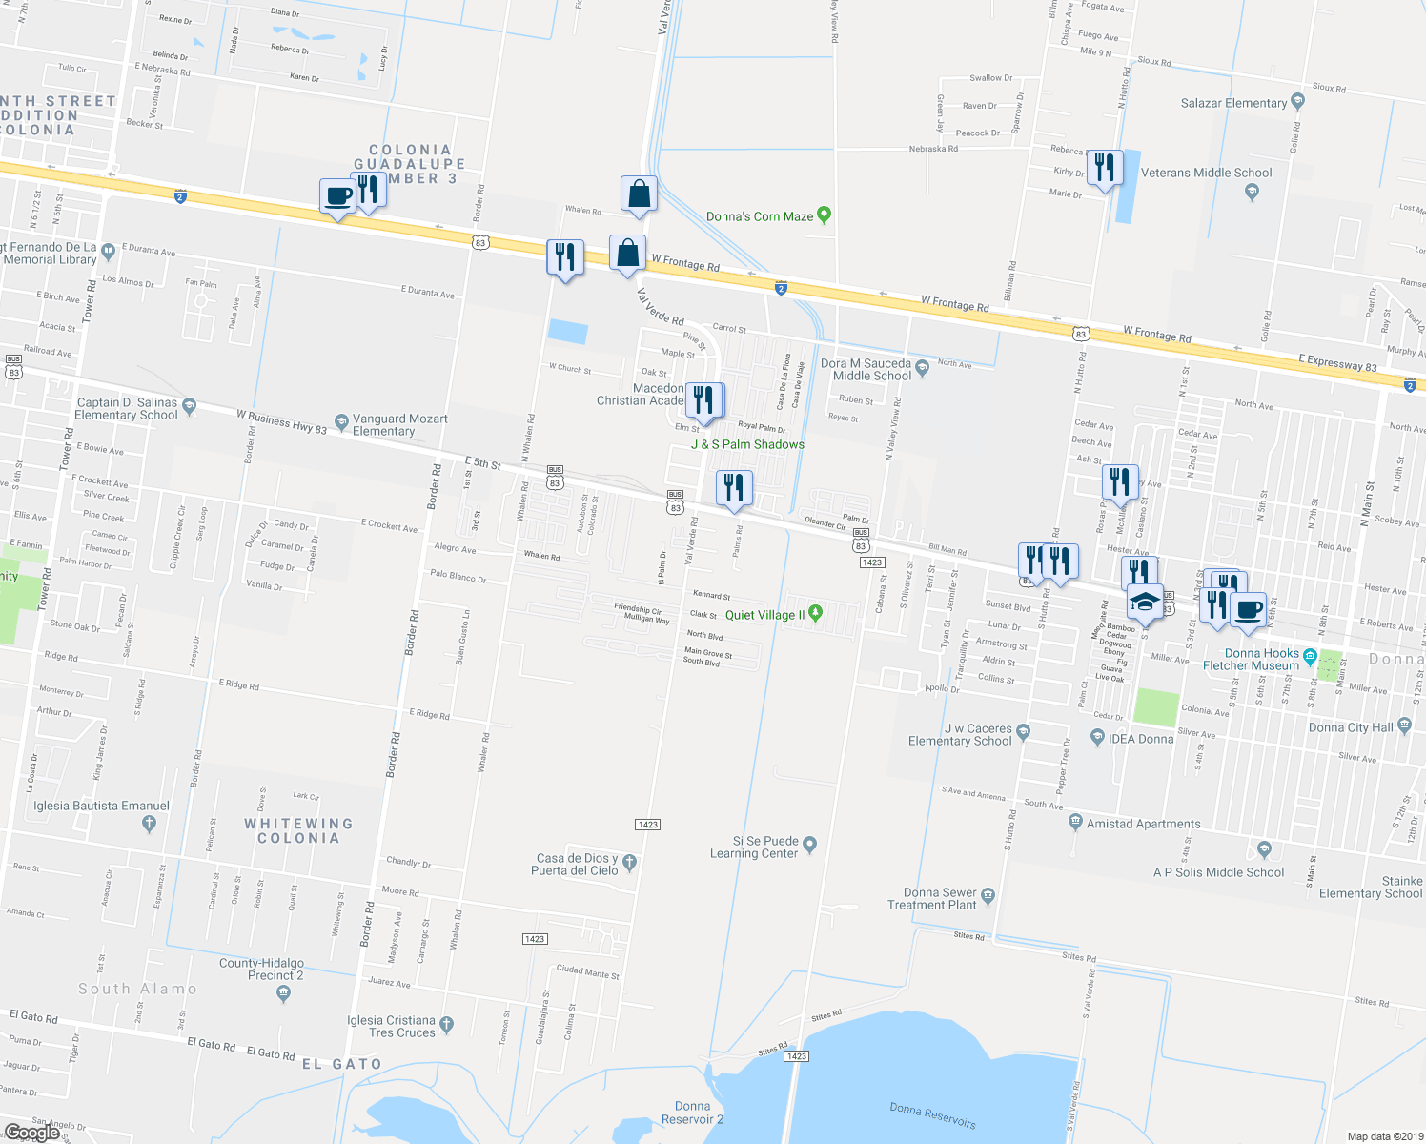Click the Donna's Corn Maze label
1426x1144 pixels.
760,216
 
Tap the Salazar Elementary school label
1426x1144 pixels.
1233,103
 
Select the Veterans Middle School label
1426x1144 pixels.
1206,173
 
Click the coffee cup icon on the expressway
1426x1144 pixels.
337,196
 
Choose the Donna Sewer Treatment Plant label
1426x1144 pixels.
932,899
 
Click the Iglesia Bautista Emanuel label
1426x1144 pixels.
101,806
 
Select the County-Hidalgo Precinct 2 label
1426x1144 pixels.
261,970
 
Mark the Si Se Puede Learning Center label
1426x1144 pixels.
754,848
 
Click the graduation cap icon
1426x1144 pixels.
1145,603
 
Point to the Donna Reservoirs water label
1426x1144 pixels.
932,1114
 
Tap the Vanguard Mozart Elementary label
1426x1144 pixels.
399,424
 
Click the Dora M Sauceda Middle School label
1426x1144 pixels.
866,370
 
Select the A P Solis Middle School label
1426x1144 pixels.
1218,872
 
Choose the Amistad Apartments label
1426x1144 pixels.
1144,824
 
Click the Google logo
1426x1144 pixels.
32,1133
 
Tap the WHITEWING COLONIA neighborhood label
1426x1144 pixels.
298,830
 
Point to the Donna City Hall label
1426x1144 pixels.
1351,727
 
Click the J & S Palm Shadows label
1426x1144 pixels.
747,444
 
